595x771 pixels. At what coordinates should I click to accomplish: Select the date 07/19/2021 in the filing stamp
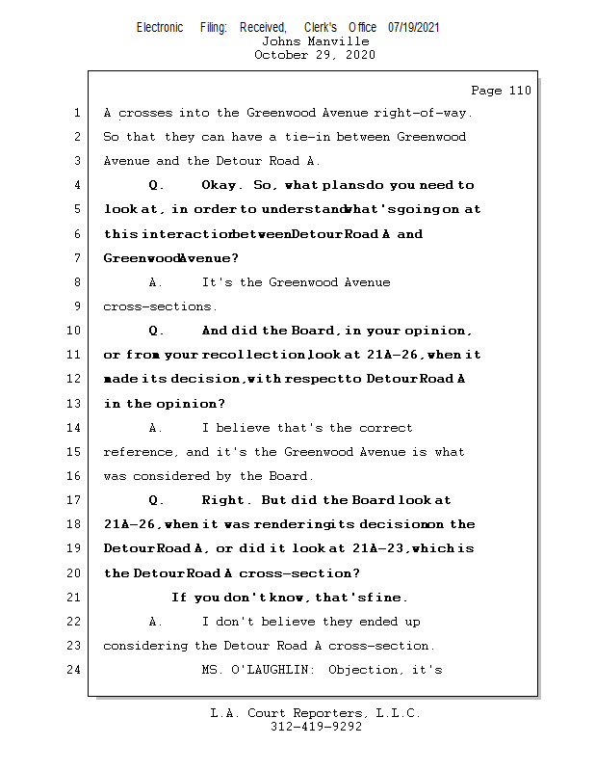click(x=414, y=28)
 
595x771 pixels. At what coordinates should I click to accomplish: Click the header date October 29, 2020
click(x=315, y=55)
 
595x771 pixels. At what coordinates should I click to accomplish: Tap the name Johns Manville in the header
click(x=315, y=41)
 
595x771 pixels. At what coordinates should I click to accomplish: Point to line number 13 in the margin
click(x=75, y=404)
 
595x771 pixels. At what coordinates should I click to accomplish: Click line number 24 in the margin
click(x=75, y=670)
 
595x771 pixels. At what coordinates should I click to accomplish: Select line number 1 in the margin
click(x=77, y=113)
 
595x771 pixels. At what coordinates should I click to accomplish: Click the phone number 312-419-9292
click(x=316, y=727)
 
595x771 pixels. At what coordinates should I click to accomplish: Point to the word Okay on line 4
click(x=222, y=185)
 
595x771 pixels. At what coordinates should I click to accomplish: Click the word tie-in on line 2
click(x=286, y=137)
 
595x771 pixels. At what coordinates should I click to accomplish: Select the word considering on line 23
click(x=145, y=646)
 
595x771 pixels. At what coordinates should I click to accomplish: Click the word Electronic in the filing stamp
click(x=160, y=28)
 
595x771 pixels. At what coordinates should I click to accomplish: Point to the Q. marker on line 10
click(x=157, y=331)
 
